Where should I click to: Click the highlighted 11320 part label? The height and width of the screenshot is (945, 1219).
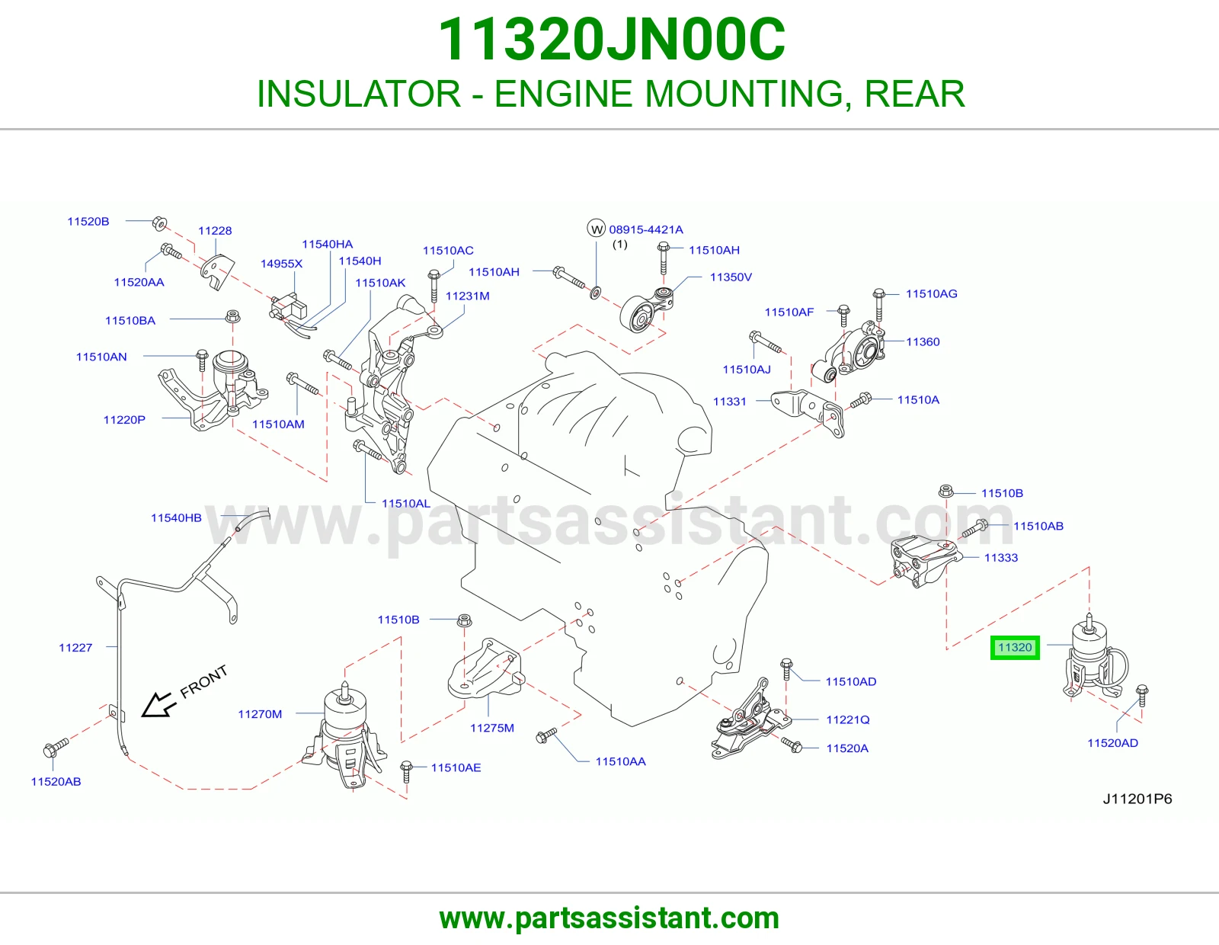pos(1015,648)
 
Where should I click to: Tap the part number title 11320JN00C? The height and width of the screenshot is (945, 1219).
pos(611,40)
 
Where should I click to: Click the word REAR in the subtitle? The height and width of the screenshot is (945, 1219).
pos(914,94)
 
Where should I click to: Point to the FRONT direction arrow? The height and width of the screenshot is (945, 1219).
pos(158,704)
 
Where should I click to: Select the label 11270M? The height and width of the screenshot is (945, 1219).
pos(260,714)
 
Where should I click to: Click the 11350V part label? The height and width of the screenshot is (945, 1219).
pos(731,277)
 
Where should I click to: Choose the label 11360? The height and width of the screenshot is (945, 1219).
pos(922,341)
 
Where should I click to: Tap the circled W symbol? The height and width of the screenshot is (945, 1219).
pos(597,229)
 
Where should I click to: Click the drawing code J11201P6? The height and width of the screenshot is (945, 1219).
pos(1137,799)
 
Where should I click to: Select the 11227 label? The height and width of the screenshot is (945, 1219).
pos(75,648)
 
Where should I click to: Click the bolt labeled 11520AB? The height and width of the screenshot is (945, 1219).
pos(55,748)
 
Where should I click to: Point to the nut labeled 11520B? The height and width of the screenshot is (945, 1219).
pos(159,223)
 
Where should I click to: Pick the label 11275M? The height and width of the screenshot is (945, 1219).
pos(492,728)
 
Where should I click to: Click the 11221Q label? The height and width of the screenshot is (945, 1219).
pos(848,719)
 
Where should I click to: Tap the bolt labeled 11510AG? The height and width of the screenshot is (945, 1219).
pos(879,305)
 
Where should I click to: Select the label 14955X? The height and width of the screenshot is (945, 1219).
pos(281,264)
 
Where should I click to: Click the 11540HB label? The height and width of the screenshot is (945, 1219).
pos(176,518)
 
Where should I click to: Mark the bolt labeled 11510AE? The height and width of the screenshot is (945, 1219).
pos(407,771)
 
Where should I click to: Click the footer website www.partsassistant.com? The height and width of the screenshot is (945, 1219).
pos(609,918)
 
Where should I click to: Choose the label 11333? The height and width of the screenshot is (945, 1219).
pos(1001,558)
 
